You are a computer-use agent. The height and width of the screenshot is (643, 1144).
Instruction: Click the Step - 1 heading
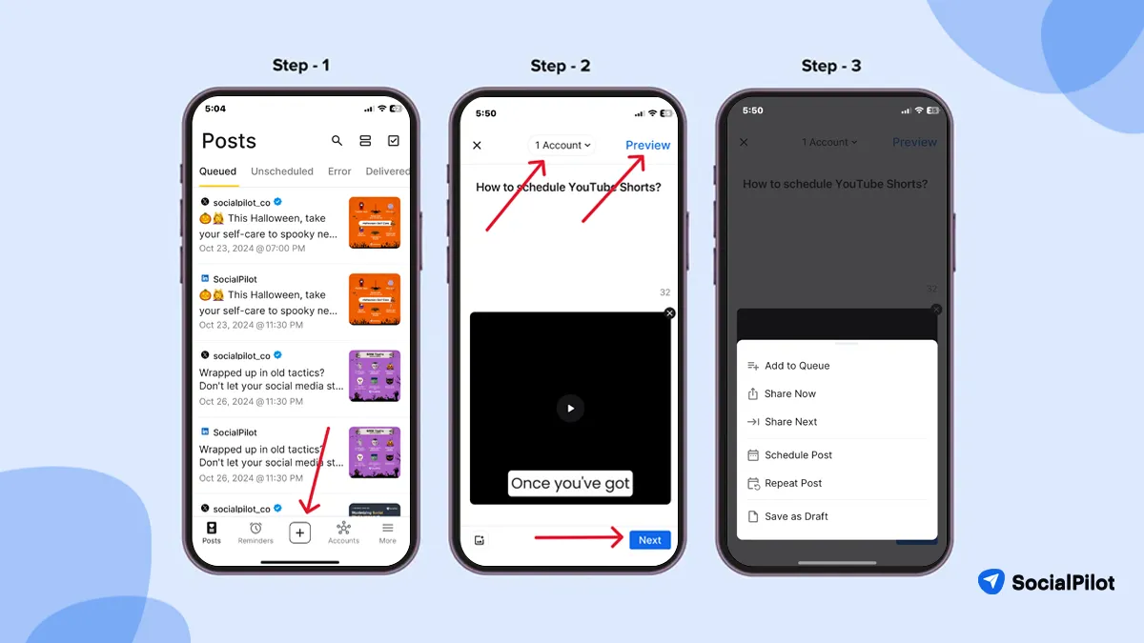[300, 65]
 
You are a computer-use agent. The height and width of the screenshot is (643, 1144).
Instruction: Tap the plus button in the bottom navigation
[299, 533]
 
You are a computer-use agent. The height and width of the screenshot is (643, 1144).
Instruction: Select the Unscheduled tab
[281, 171]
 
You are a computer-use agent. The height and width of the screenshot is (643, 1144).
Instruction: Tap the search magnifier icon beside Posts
[337, 141]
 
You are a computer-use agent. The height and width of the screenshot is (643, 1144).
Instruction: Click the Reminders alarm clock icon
[255, 529]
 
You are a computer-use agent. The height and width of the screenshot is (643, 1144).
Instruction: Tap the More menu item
[387, 532]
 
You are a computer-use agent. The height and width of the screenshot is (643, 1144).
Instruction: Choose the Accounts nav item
[343, 532]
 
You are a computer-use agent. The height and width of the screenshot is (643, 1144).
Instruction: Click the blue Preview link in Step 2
[647, 145]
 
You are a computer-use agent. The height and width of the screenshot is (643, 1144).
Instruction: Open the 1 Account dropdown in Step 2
[562, 145]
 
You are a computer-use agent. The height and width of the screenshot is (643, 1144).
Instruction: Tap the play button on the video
[570, 408]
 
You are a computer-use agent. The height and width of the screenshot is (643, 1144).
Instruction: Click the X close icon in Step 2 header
[478, 146]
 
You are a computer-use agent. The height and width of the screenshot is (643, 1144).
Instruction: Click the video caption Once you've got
[570, 483]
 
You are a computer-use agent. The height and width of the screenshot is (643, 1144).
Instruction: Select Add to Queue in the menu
[796, 366]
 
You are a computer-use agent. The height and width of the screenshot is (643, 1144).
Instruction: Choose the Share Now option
[789, 393]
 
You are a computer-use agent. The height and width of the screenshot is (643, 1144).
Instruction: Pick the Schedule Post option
[798, 455]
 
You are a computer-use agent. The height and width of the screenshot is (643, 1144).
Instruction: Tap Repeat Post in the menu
[792, 483]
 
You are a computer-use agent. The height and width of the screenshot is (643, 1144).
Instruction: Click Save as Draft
[796, 516]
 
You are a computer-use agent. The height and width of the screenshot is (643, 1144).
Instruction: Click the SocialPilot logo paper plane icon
[991, 582]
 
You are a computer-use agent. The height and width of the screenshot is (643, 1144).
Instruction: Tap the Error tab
[339, 171]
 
